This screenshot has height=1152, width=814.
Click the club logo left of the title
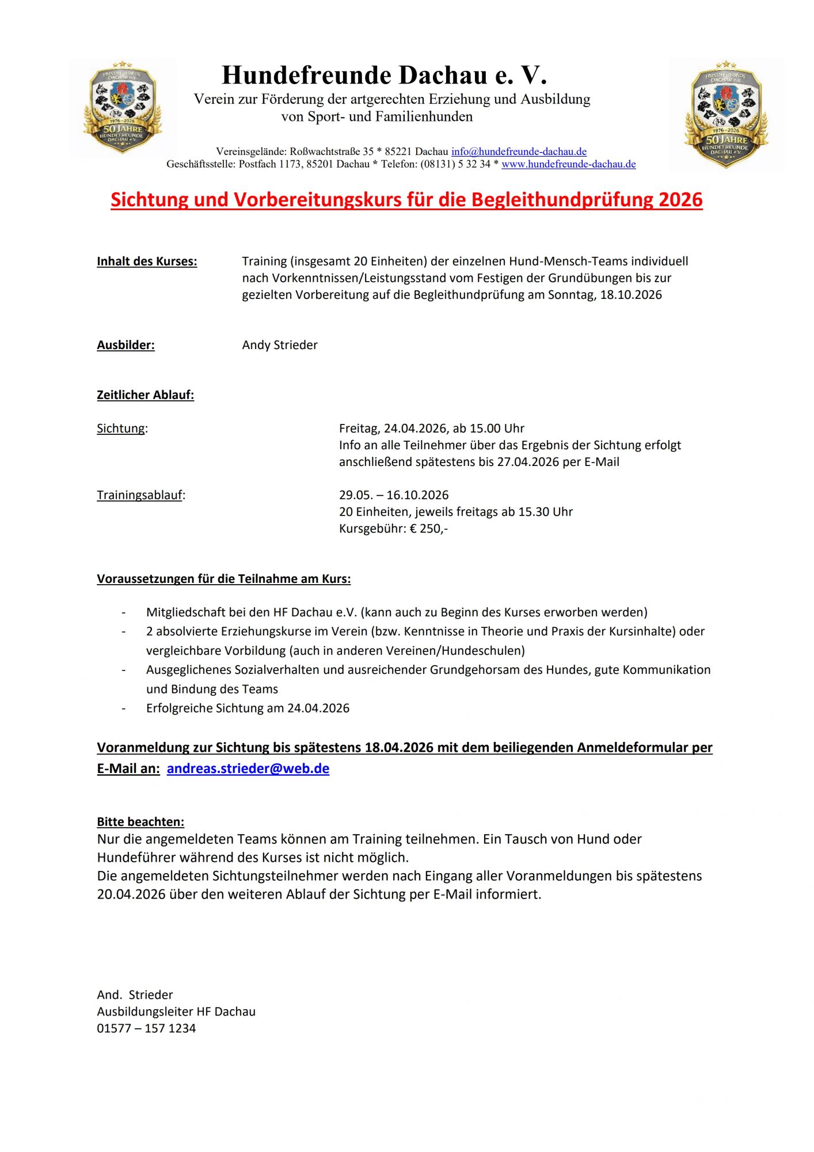122,108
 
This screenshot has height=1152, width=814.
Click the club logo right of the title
726,114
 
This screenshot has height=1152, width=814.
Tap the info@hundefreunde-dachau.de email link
519,151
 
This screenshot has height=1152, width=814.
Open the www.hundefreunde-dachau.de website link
568,164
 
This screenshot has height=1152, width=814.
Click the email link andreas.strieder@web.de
248,768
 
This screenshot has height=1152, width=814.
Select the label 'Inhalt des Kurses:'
147,262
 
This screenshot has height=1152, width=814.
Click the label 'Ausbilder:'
125,345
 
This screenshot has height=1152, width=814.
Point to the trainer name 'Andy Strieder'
280,345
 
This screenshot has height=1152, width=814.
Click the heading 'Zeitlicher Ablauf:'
145,395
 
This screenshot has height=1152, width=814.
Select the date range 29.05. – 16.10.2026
393,495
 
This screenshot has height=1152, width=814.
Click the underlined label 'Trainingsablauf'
139,495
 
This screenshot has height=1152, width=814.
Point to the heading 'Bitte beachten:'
140,822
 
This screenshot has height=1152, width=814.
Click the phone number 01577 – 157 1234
146,1028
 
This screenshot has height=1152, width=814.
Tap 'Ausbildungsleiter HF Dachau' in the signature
176,1011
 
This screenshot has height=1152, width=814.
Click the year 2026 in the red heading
680,200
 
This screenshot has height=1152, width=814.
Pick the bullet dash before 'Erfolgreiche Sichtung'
124,708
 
